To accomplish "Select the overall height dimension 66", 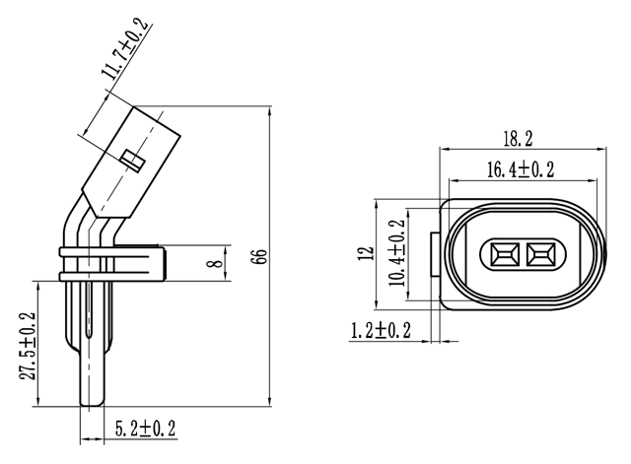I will (x=259, y=257).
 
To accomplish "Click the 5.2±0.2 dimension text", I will (x=144, y=430).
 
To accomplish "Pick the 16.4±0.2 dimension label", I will (x=520, y=169).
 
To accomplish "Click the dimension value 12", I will (x=368, y=254).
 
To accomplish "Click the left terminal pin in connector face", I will (x=504, y=255).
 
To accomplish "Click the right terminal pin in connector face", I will (x=539, y=255).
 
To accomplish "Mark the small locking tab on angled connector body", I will (x=133, y=159).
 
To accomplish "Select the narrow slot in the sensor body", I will (x=91, y=315).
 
